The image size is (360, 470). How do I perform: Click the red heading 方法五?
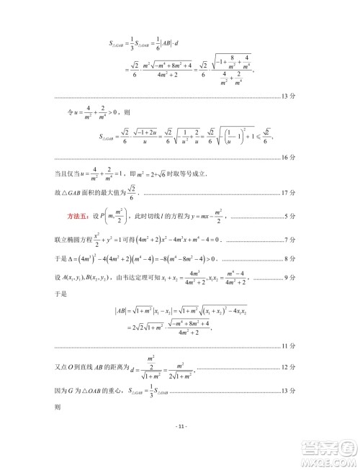pos(68,216)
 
